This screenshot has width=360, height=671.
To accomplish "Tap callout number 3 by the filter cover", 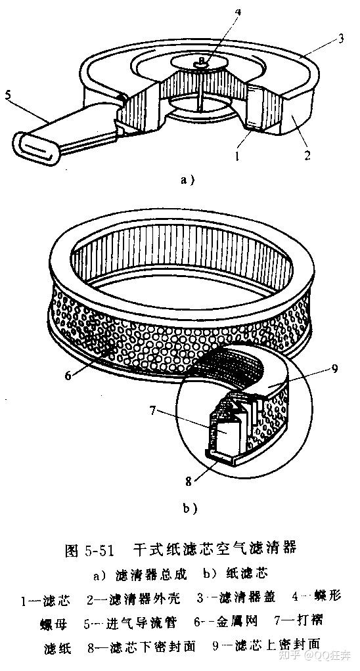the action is click(341, 39).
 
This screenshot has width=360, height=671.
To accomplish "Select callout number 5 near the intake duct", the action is click(8, 95).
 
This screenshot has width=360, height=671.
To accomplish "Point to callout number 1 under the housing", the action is click(236, 157).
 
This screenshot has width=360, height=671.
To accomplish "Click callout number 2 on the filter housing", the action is click(307, 155).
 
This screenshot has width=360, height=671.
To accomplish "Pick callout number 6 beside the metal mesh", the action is click(68, 376).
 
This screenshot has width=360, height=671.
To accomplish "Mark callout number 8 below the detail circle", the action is click(189, 482).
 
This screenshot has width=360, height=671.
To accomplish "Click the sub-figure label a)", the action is click(187, 180).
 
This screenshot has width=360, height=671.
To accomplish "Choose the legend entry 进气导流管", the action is click(141, 622).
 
